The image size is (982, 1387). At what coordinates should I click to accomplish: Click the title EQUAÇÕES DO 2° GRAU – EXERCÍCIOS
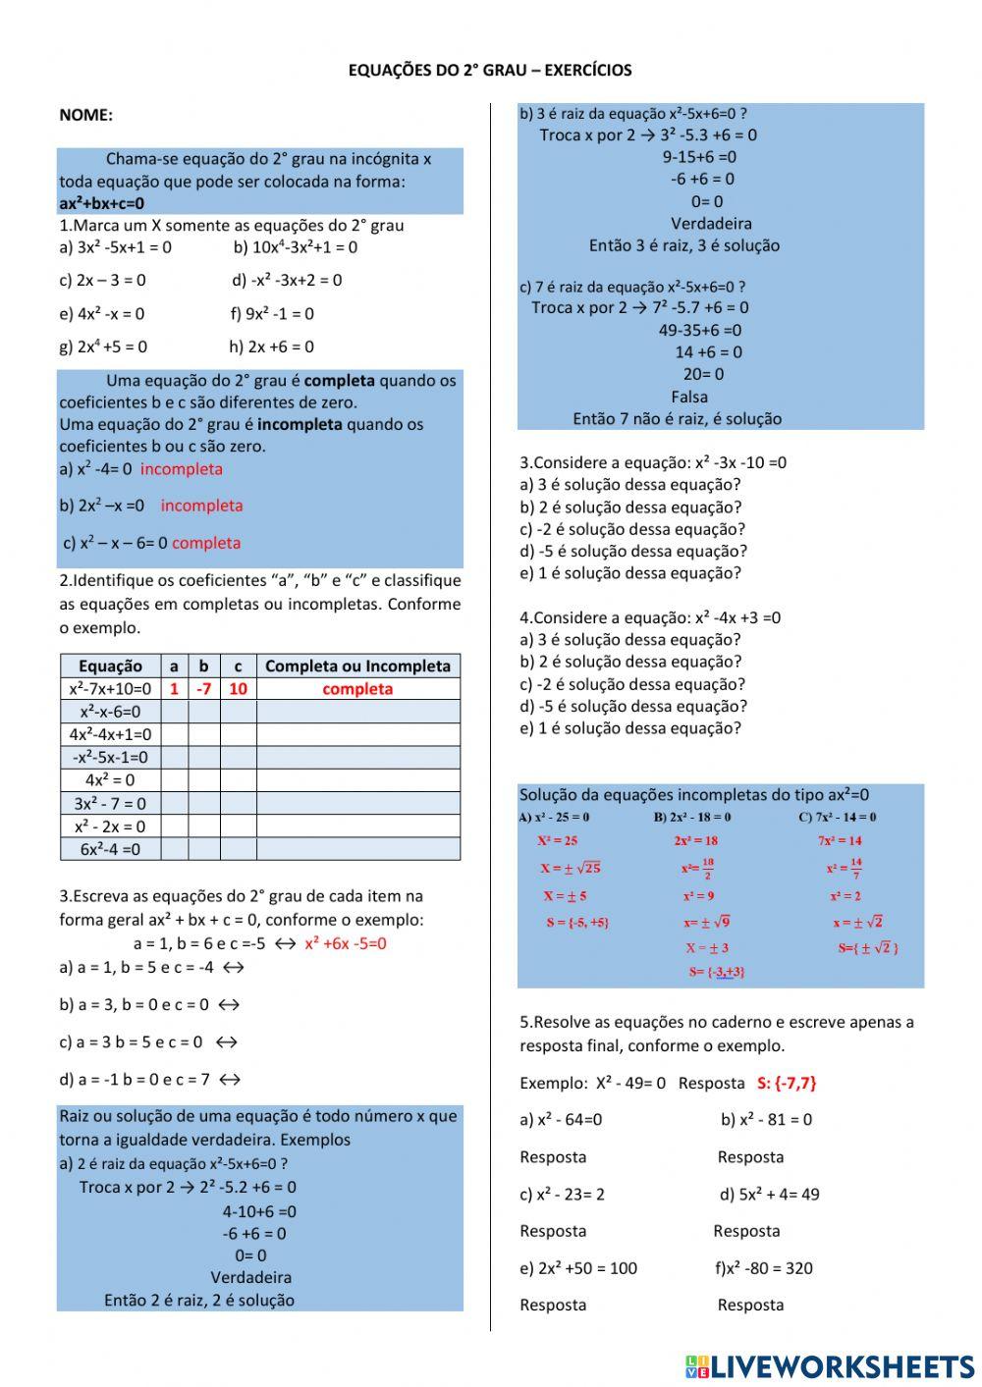[490, 71]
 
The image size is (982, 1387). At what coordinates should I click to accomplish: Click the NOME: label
[85, 115]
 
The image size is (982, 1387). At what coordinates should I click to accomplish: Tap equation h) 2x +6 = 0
[271, 347]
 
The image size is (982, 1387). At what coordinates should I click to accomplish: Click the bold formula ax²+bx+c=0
[101, 204]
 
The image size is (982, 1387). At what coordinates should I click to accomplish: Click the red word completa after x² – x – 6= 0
[206, 543]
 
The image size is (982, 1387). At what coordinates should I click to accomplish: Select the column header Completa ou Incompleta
[357, 666]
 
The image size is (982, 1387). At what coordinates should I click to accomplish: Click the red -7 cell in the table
[203, 689]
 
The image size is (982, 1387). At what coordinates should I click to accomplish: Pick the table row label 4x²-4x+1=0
[110, 734]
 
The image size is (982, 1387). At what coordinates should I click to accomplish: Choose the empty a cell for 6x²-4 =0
[174, 849]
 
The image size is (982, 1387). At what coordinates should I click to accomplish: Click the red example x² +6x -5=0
[346, 943]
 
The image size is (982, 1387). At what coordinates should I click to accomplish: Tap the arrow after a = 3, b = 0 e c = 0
[228, 1004]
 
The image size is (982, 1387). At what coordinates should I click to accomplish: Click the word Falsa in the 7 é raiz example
[689, 397]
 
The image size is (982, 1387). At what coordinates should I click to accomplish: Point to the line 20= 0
[703, 374]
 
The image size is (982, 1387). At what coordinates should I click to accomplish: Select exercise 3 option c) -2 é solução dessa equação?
[632, 529]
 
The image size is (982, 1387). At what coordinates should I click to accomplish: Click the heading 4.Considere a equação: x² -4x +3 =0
[650, 617]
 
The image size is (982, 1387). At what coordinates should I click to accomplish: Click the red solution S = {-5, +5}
[577, 923]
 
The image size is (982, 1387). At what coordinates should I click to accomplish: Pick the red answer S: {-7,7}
[787, 1083]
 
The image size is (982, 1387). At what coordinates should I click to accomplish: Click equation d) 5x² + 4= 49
[769, 1194]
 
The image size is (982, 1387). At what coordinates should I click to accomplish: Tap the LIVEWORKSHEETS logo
[830, 1365]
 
